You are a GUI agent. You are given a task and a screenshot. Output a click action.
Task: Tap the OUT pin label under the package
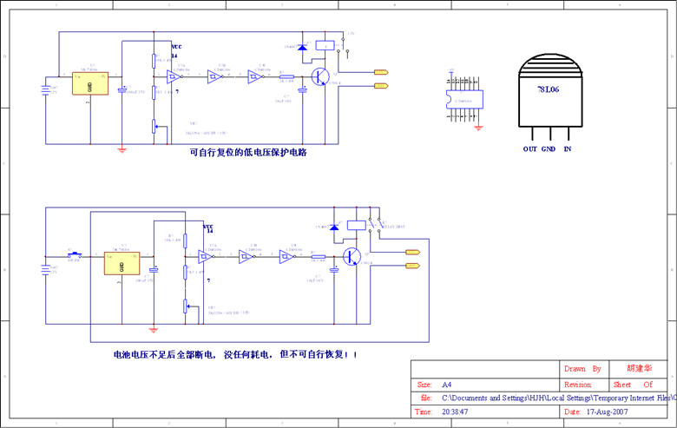529,149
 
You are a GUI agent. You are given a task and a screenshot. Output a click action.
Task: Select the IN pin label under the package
568,149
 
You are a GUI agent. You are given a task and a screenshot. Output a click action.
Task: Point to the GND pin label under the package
549,149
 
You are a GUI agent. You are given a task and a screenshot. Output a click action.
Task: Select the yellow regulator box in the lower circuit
122,261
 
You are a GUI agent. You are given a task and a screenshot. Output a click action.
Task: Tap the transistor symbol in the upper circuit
321,76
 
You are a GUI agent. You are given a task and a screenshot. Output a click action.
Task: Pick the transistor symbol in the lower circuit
352,256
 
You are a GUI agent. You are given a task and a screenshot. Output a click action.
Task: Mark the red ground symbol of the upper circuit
122,150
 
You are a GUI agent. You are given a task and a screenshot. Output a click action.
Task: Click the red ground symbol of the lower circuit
154,329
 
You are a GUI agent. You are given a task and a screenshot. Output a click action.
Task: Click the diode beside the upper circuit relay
302,47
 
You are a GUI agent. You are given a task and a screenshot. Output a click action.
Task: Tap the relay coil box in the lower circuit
355,224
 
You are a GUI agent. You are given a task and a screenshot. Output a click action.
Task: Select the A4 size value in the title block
447,384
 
